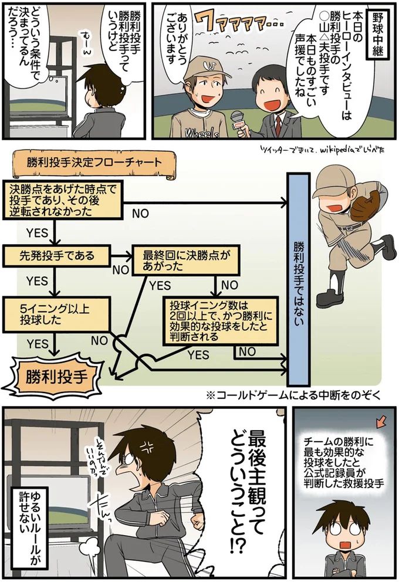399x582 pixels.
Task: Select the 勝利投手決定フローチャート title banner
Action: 94,162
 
